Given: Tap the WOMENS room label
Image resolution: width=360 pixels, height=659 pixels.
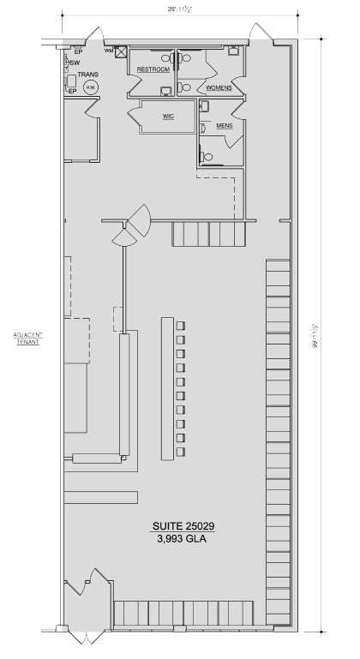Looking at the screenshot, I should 219,88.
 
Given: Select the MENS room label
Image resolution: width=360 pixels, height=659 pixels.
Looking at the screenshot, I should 225,125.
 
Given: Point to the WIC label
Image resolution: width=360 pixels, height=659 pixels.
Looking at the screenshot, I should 168,116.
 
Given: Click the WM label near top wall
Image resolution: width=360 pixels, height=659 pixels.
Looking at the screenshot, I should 108,51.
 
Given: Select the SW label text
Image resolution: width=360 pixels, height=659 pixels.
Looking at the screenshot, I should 75,63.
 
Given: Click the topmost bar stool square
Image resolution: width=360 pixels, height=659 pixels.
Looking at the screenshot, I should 181,326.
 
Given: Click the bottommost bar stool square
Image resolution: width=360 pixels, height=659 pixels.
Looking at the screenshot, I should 181,451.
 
